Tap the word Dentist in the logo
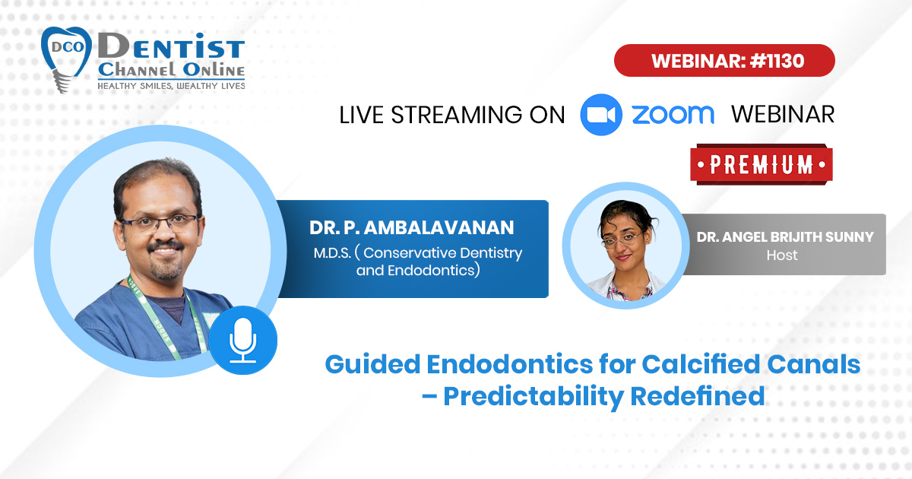171,46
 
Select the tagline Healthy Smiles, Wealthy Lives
171,86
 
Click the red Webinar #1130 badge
724,61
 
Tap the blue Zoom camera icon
601,115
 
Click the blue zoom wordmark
673,115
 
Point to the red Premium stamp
762,164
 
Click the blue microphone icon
243,340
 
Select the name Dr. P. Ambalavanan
412,227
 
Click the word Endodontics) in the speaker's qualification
434,271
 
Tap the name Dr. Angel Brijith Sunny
785,237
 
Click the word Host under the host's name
782,255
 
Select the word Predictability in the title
533,397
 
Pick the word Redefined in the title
698,396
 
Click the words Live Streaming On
452,115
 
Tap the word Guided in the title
372,363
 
